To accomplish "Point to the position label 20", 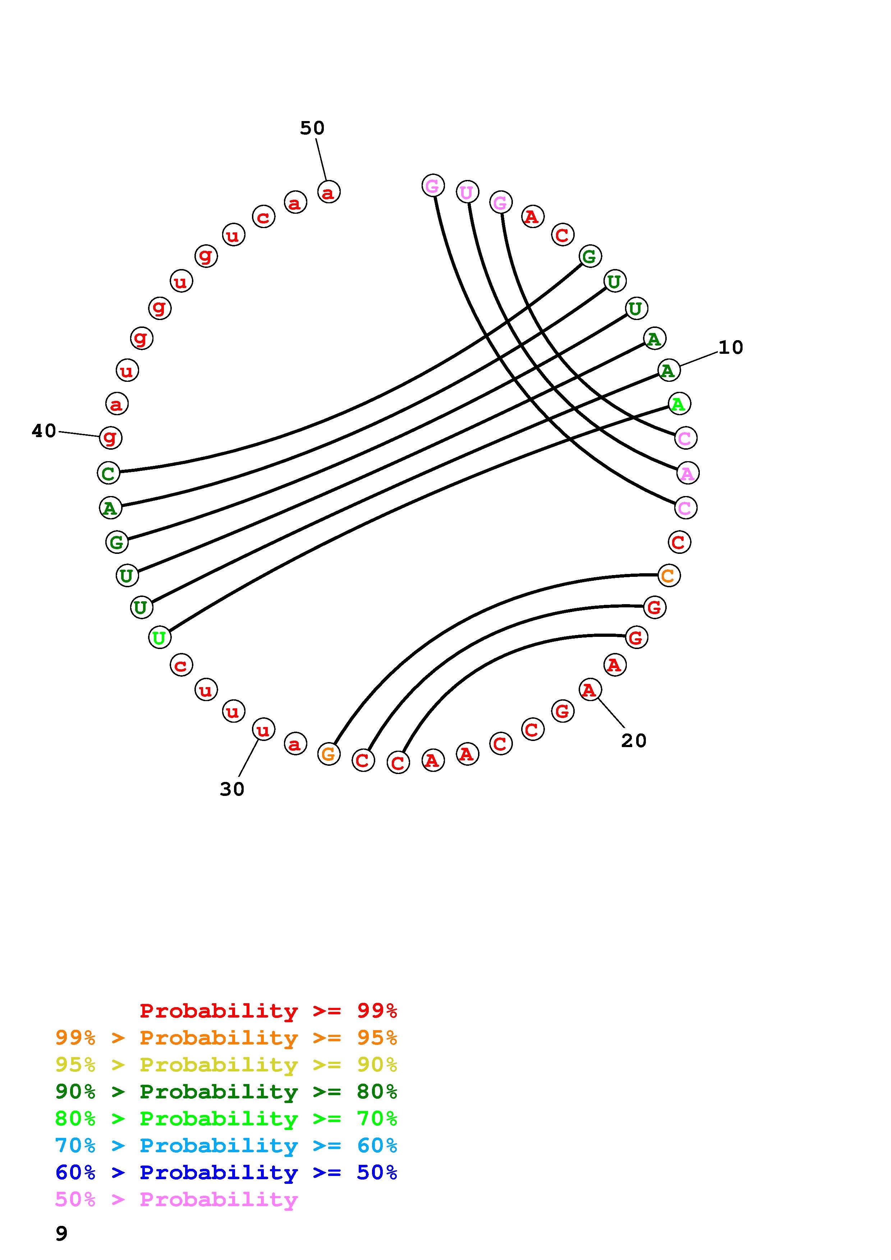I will (x=634, y=741).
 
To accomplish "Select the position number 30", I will (x=232, y=789).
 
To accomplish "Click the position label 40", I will (x=44, y=431).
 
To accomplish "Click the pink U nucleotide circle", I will (x=467, y=192).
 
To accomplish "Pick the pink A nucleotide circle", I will (x=687, y=473).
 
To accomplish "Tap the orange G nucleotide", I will (x=328, y=754).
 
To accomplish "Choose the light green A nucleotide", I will (x=679, y=404).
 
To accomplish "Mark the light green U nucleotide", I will (x=159, y=638).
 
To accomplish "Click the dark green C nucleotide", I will (x=108, y=473).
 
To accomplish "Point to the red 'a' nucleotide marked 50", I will (x=328, y=192).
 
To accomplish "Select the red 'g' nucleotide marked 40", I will (x=110, y=437).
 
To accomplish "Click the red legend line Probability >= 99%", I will (x=268, y=1010).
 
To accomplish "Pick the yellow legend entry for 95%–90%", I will (x=226, y=1064).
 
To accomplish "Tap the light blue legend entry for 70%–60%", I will (x=226, y=1145).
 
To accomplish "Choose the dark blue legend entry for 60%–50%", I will (x=226, y=1172).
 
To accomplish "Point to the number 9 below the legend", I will (x=61, y=1234).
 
